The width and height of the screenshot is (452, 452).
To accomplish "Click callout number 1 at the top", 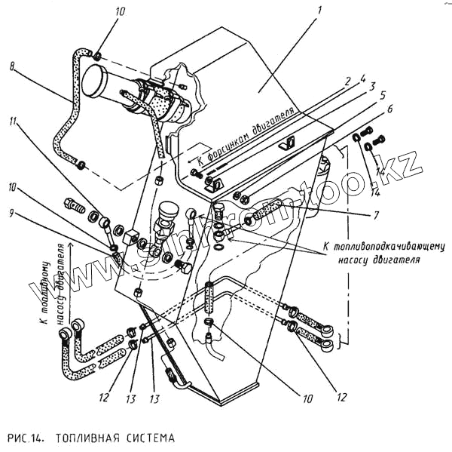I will pos(319,11).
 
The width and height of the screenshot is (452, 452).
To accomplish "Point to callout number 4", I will pos(362,77).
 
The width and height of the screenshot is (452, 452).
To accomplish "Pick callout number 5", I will pos(381,97).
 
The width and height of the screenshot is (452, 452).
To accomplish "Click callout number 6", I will pos(389,110).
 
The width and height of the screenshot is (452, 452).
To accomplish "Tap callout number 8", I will pos(13,66).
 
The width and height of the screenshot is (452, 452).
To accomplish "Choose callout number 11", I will pos(13,121).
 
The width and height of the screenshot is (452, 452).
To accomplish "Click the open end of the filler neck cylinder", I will pos(93,79).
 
